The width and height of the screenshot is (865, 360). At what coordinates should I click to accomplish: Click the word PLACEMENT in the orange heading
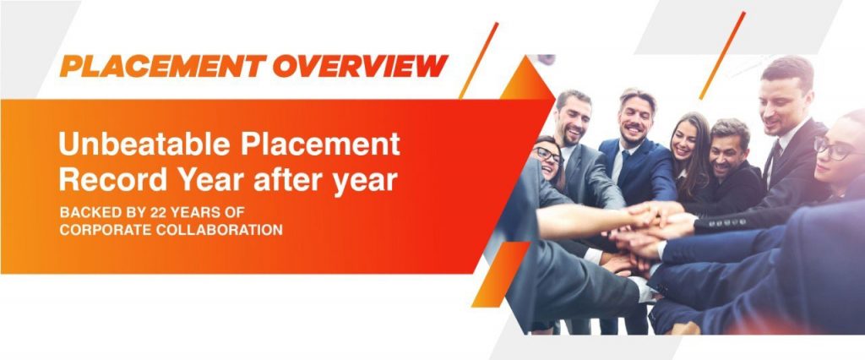tap(163, 66)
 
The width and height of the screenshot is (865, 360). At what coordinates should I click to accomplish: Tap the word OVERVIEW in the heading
tap(360, 66)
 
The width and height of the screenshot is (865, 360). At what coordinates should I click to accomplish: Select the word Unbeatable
tap(145, 145)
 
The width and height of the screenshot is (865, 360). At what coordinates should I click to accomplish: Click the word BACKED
tap(83, 213)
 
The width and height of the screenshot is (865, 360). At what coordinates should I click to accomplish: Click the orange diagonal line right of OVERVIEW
tap(479, 60)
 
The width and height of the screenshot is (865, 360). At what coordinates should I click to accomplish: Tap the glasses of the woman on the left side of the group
tap(547, 155)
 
